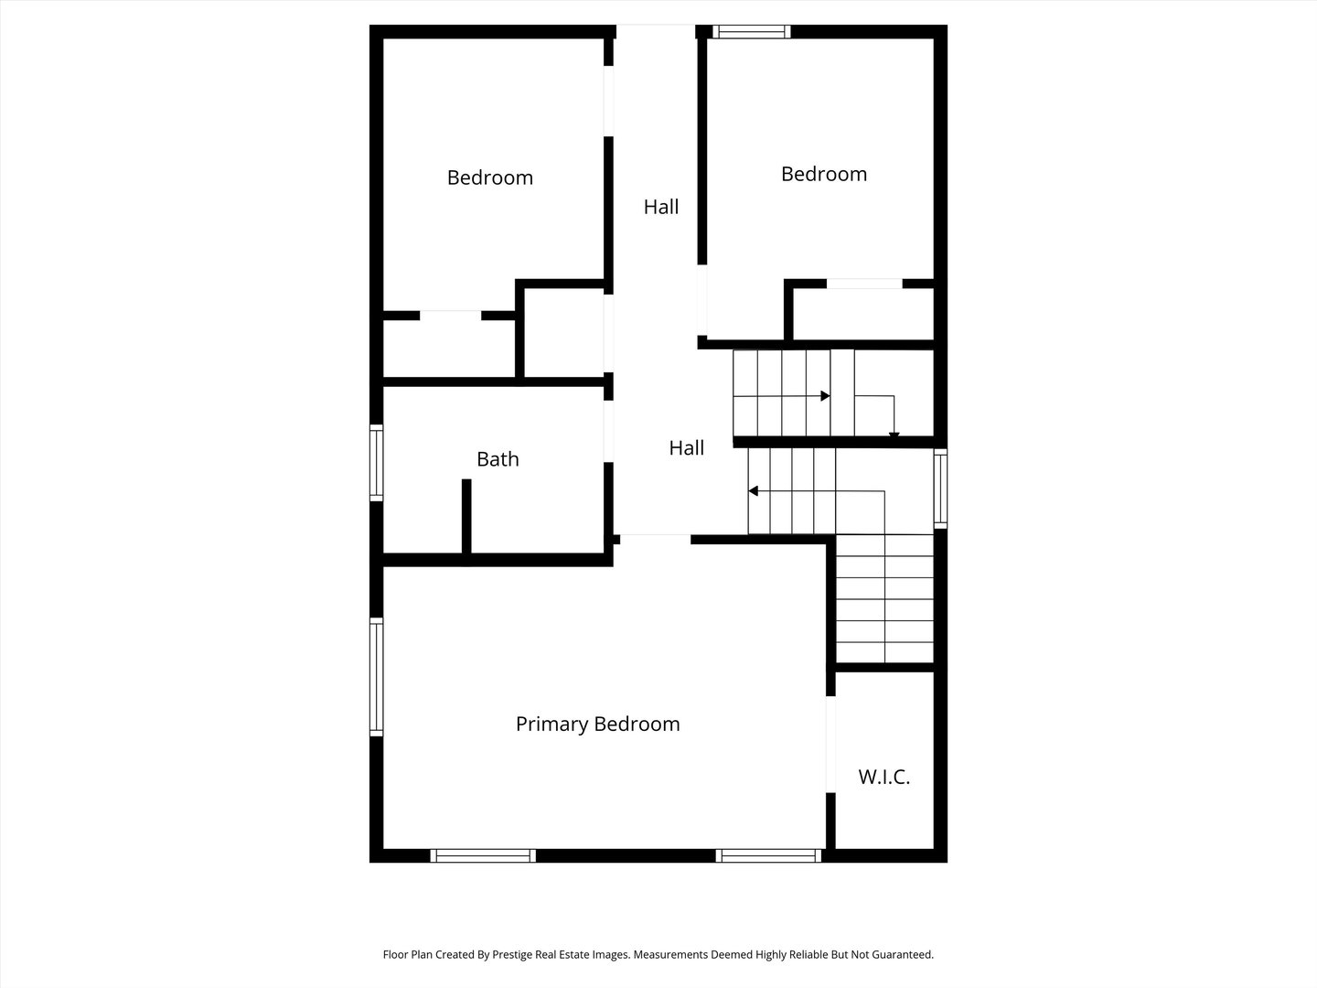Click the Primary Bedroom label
(x=597, y=724)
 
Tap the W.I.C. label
(x=883, y=778)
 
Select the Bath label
(x=498, y=459)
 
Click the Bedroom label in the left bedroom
(x=489, y=177)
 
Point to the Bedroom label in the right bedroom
(x=823, y=174)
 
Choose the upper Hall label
(x=660, y=207)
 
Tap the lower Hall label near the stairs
(x=686, y=447)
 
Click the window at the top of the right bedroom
(x=752, y=32)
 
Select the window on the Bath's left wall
(x=376, y=462)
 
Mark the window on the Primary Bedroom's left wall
(x=376, y=676)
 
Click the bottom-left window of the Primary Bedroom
(x=483, y=855)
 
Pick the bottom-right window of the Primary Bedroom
(x=768, y=855)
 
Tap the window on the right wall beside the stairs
(x=940, y=489)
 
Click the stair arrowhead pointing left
(x=754, y=491)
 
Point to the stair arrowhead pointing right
(x=825, y=396)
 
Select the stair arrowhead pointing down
(x=894, y=435)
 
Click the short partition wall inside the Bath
(x=466, y=515)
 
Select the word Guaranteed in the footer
(x=900, y=954)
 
